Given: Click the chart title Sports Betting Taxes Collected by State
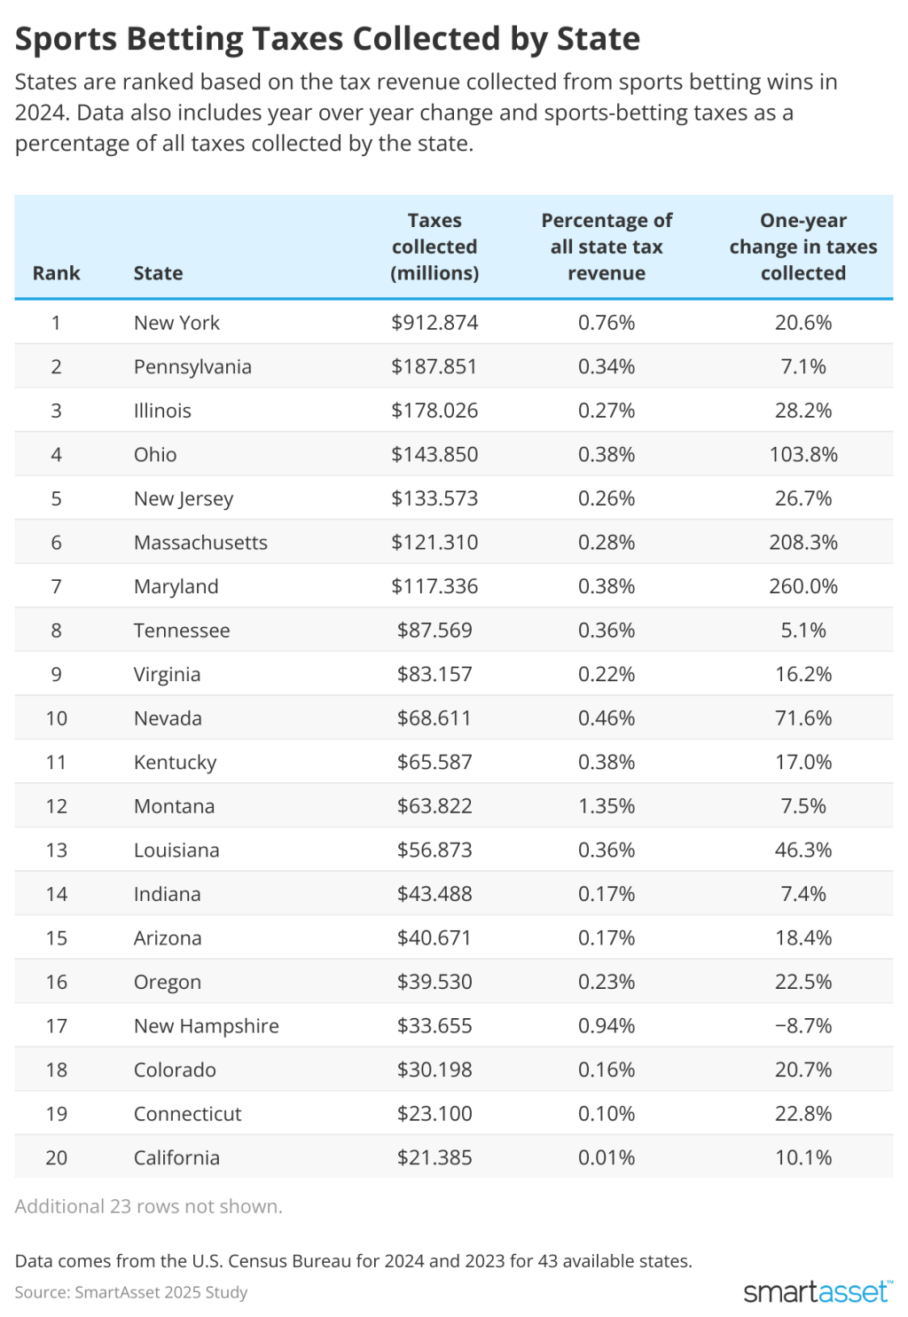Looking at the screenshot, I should tap(327, 40).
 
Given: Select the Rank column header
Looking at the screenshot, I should tap(56, 273).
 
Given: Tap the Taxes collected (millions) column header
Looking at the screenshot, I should tap(434, 247).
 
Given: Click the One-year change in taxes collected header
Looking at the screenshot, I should tap(802, 247).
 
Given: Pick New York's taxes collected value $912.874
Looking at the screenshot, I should tap(434, 323).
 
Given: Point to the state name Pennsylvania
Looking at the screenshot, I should tap(192, 367).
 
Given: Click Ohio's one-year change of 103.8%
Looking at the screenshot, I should tap(802, 455).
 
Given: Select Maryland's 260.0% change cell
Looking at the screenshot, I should tap(802, 587).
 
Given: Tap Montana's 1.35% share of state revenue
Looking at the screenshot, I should tap(607, 807).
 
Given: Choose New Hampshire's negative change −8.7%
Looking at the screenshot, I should tap(802, 1026).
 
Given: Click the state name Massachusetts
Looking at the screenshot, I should tap(200, 543).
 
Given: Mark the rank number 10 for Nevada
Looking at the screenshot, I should tap(56, 718).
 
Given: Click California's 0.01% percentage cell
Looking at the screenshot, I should tap(607, 1158).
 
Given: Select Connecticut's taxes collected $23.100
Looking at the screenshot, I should tap(434, 1114).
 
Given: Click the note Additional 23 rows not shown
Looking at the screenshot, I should tap(148, 1207).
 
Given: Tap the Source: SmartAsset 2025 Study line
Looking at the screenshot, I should tap(131, 1292).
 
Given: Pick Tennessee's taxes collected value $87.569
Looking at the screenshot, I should tap(434, 631).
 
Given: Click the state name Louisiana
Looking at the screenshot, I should tap(176, 851).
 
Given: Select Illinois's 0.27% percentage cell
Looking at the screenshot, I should tap(607, 411).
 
